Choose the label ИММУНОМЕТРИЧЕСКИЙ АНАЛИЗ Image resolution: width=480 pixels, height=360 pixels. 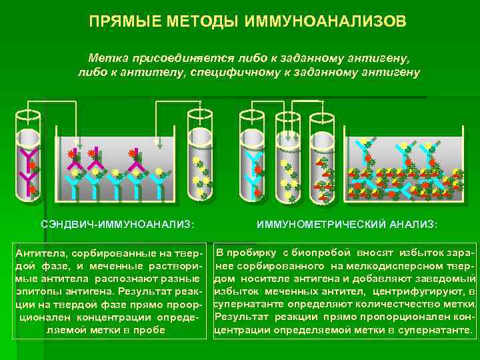(x=347, y=225)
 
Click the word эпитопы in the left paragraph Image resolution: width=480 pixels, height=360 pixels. (x=38, y=292)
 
